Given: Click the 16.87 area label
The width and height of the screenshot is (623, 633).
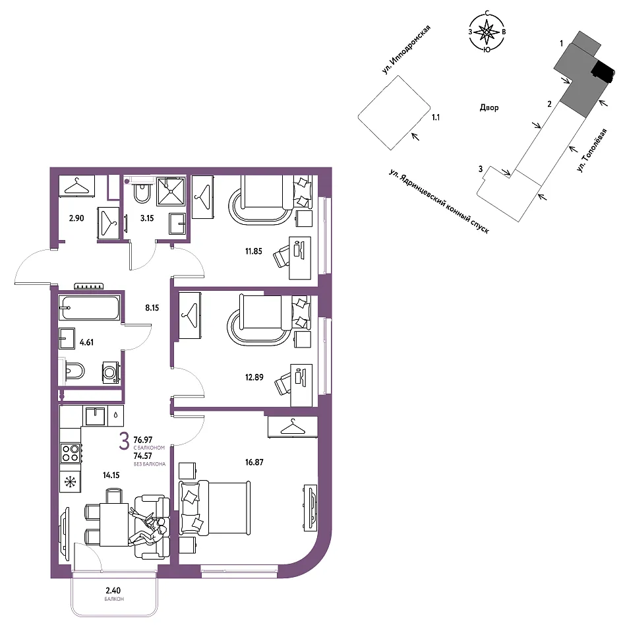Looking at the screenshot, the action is click(254, 462).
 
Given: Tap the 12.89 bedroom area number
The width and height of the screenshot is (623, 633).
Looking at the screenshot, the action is click(254, 377).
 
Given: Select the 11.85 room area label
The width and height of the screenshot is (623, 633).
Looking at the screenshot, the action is click(253, 251).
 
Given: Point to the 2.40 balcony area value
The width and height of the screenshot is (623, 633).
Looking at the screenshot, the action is click(113, 591).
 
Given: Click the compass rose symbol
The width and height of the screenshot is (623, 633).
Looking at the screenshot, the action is click(487, 32).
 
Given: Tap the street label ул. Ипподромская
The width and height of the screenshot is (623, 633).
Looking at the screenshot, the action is click(406, 49).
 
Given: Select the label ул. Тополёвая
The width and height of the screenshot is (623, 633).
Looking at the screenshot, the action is click(591, 150).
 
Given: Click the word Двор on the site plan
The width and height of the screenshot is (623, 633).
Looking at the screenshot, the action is click(489, 107).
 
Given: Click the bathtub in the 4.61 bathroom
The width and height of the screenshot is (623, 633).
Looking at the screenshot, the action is click(89, 308).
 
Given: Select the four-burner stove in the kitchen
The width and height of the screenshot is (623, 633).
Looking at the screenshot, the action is click(70, 452).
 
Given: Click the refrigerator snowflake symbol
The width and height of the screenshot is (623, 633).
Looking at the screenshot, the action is click(70, 481).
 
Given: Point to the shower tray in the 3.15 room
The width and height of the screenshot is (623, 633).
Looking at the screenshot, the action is click(171, 191).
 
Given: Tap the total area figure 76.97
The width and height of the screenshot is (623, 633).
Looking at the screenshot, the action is click(143, 440).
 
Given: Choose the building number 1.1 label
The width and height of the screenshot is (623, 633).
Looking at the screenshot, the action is click(436, 117).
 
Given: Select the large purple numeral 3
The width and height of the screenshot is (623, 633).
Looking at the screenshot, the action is click(124, 441).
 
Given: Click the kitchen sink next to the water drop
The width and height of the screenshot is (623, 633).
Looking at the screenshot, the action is click(96, 416).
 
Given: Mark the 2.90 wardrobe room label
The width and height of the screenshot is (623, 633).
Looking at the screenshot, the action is click(76, 218).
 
